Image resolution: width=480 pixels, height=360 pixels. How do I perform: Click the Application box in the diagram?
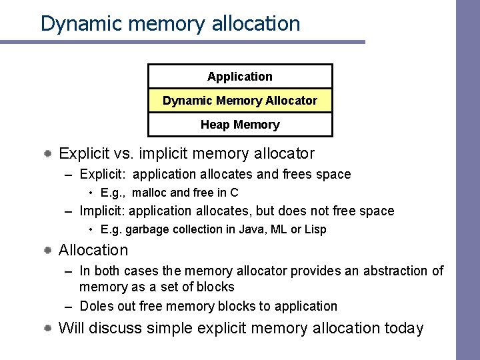pyautogui.click(x=240, y=77)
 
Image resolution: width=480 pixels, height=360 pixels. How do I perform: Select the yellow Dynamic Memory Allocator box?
pyautogui.click(x=240, y=101)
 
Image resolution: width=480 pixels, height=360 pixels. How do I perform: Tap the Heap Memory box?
pyautogui.click(x=240, y=125)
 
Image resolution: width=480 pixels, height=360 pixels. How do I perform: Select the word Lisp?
pyautogui.click(x=315, y=229)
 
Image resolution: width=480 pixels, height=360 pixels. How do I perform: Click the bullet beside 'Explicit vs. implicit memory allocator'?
pyautogui.click(x=49, y=154)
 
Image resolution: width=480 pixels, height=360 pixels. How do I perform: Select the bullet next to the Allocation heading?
pyautogui.click(x=49, y=251)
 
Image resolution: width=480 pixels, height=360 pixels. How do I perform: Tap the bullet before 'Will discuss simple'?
pyautogui.click(x=49, y=329)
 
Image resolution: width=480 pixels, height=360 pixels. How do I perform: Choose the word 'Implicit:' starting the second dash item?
pyautogui.click(x=102, y=211)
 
